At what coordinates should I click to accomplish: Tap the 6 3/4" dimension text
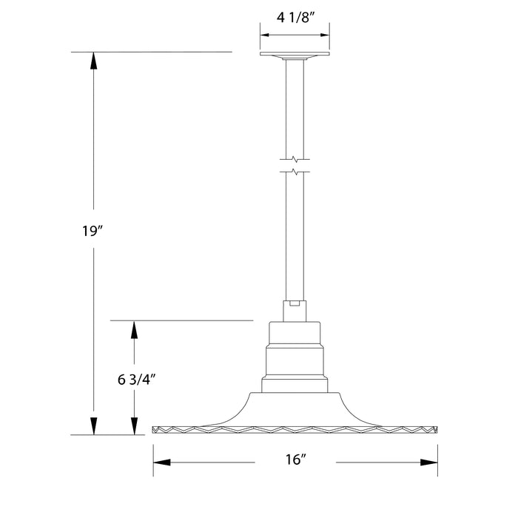point(135,380)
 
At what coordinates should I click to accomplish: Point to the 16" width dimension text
point(295,460)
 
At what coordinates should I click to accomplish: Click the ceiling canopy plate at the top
point(295,55)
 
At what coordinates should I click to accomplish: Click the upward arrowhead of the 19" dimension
point(93,61)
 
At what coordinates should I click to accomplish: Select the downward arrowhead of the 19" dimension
point(93,426)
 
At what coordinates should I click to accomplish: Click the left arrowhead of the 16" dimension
point(162,462)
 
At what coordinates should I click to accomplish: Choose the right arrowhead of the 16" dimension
point(428,462)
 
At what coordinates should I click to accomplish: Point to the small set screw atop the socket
point(295,302)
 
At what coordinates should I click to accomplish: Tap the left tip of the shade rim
point(154,429)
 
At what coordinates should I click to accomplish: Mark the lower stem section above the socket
point(295,237)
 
